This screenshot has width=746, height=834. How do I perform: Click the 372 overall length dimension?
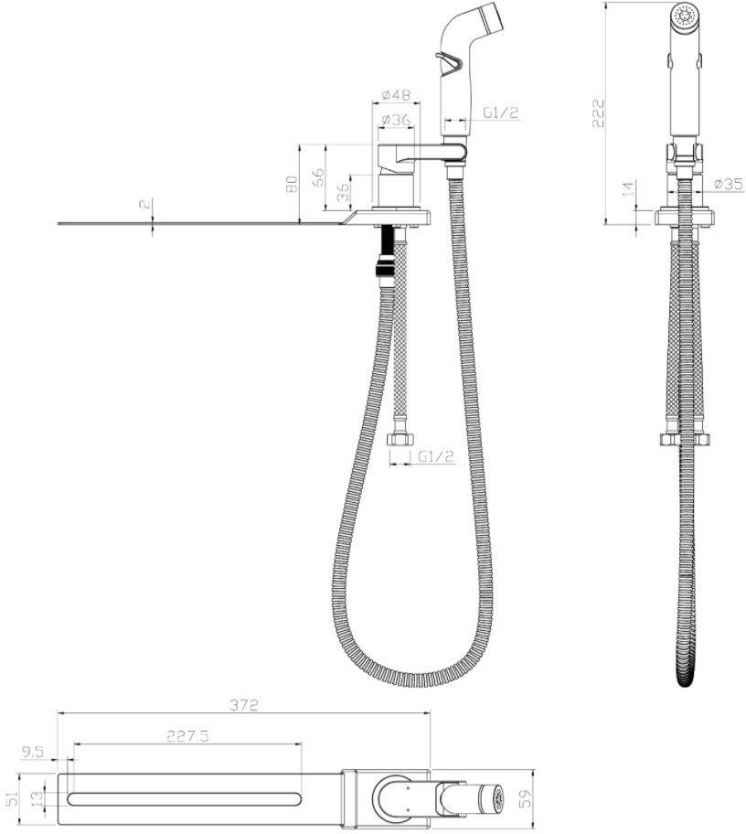coord(244,705)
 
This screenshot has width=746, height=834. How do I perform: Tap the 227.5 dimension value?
coord(187,735)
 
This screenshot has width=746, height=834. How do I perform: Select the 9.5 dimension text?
coord(32,752)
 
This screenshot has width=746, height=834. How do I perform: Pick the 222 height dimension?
coord(599,112)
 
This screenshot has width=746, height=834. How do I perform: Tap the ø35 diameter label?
coord(729,184)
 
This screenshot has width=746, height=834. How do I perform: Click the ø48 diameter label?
coord(397,95)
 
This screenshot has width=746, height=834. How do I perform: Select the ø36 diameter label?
coord(396,120)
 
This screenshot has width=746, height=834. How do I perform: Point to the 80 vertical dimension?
coord(292,184)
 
